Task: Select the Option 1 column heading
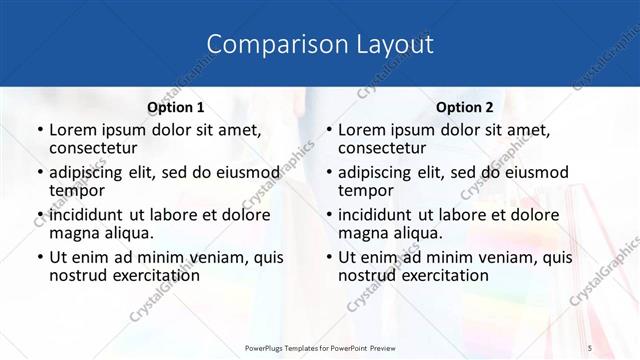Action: (176, 107)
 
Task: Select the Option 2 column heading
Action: (465, 107)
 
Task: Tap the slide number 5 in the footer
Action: (590, 346)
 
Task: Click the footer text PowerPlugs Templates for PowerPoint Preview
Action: (319, 346)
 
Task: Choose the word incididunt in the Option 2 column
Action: (383, 215)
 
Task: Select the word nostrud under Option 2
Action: (367, 275)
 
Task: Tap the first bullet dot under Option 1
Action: (39, 131)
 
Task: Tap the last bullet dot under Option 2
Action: (328, 258)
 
